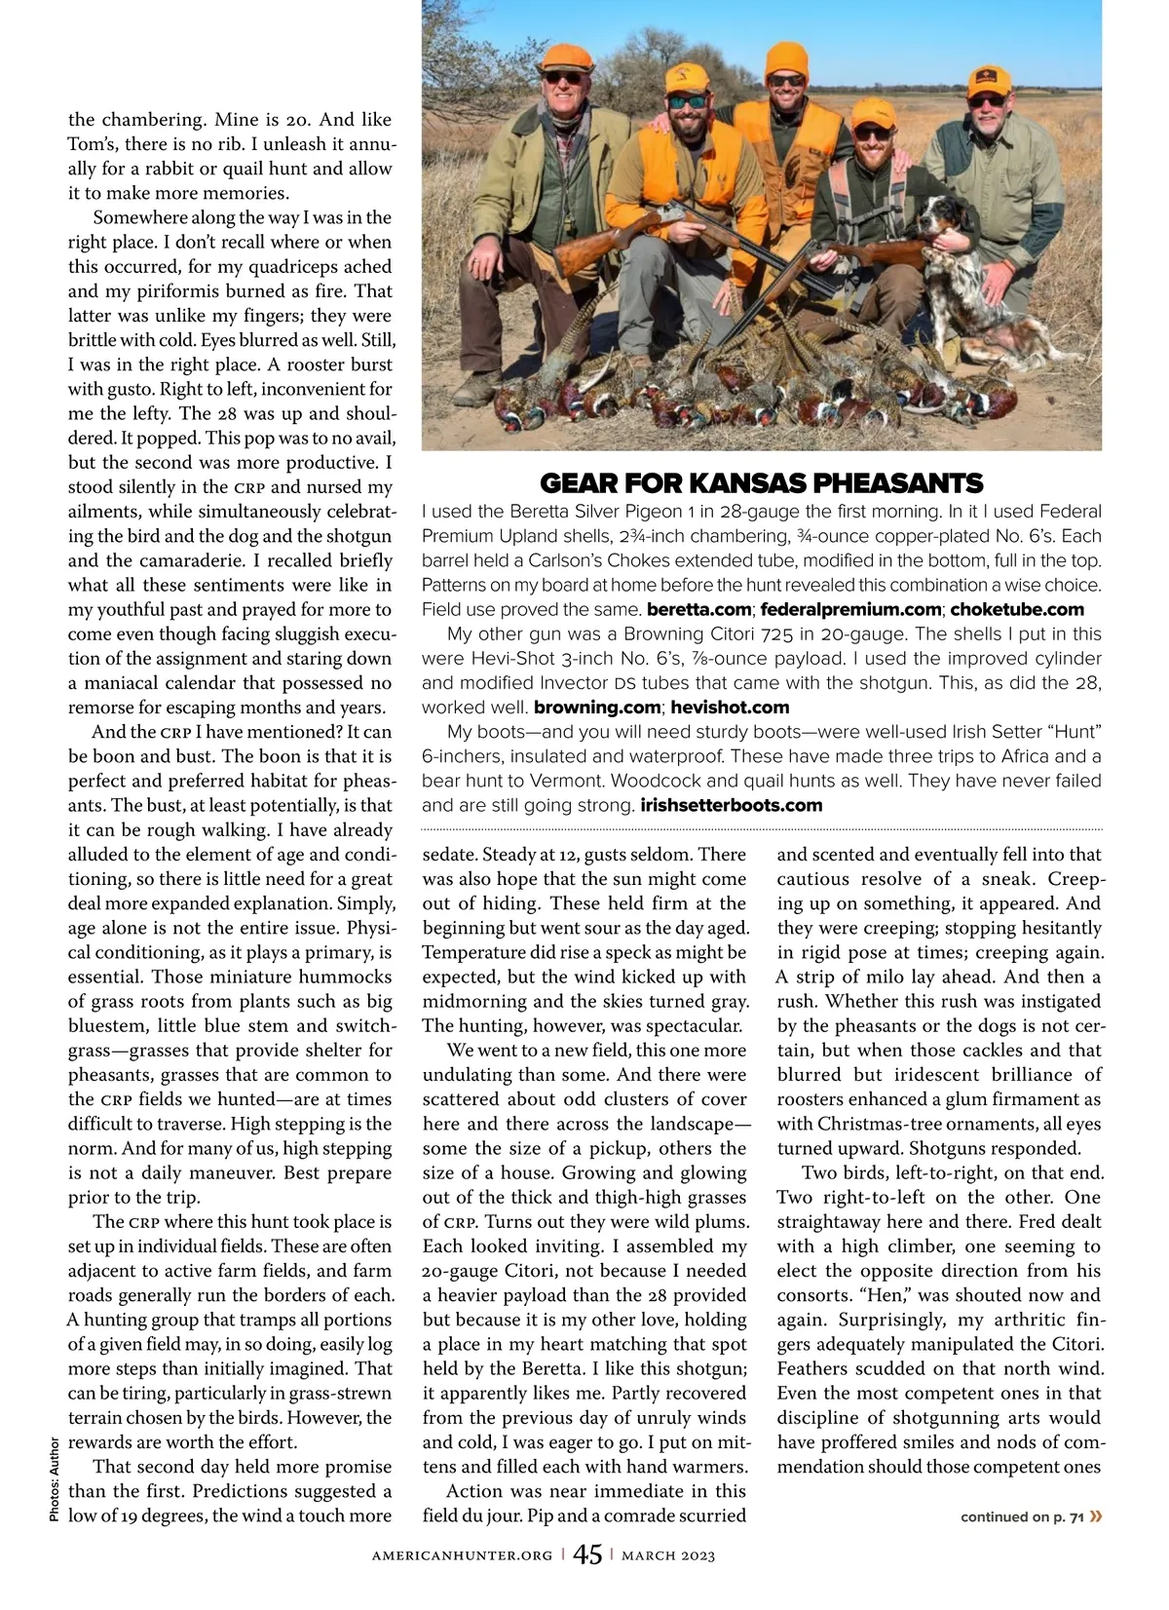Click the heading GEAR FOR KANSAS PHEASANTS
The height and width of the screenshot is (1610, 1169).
coord(761,482)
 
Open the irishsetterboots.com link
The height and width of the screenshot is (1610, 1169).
coord(731,806)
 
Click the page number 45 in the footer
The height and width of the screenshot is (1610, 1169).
coord(587,1554)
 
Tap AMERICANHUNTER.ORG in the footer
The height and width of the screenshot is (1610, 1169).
coord(462,1555)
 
